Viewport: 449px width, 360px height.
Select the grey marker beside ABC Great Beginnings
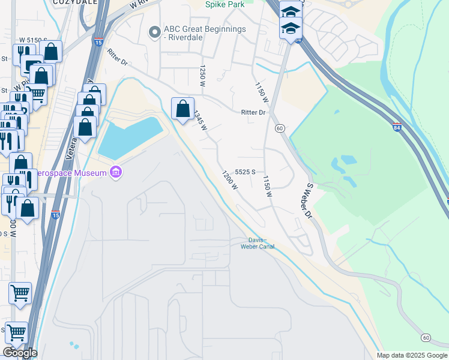pyautogui.click(x=155, y=32)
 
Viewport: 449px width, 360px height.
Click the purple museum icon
pyautogui.click(x=116, y=173)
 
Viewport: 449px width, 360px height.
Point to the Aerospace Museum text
pyautogui.click(x=72, y=173)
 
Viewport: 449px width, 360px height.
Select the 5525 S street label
pyautogui.click(x=246, y=172)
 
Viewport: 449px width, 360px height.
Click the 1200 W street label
pyautogui.click(x=229, y=181)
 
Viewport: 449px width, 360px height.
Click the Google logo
pyautogui.click(x=20, y=353)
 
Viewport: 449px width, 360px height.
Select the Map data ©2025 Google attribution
pyautogui.click(x=412, y=355)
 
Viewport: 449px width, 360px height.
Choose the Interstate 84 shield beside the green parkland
pyautogui.click(x=397, y=128)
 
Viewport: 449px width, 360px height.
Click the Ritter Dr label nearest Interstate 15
pyautogui.click(x=118, y=61)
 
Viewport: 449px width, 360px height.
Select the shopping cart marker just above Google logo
pyautogui.click(x=16, y=332)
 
